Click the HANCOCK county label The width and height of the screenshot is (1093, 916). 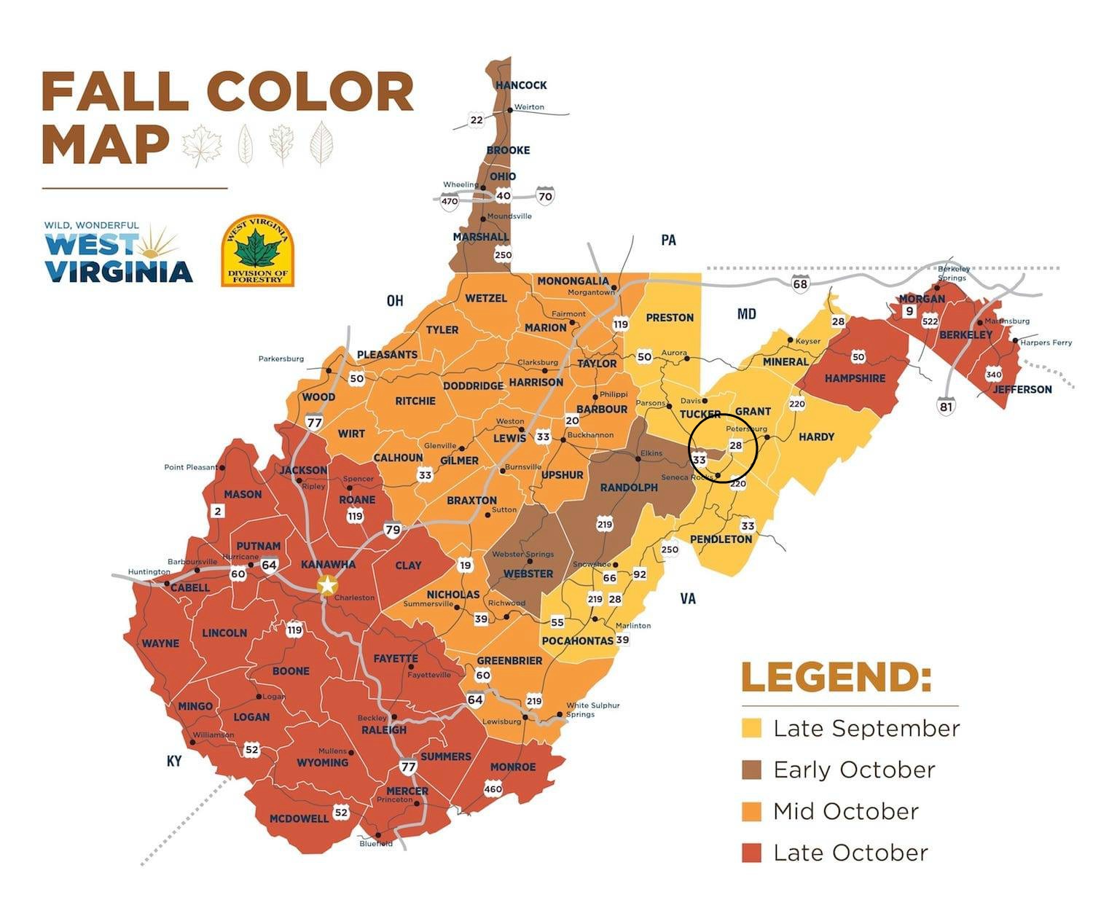coord(521,85)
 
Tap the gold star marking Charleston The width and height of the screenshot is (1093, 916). coord(328,585)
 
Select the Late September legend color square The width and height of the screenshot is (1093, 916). coord(751,728)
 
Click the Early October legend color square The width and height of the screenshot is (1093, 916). coord(751,770)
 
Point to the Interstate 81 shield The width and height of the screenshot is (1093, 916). coord(945,406)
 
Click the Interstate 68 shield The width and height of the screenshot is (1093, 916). coord(800,283)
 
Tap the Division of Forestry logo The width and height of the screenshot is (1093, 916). coord(257,251)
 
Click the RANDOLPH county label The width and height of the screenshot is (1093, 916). coord(629,488)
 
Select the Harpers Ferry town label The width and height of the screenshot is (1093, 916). coord(1046,342)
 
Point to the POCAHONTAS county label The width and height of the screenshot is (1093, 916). coord(578,641)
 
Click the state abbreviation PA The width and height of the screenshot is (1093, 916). coord(667,240)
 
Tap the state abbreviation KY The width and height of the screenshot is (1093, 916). coord(173,761)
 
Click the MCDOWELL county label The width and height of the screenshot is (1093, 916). coord(299,818)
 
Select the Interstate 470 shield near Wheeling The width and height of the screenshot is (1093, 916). coord(450,202)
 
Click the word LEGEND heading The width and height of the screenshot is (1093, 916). coord(836,677)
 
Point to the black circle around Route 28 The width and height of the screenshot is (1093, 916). coord(724,415)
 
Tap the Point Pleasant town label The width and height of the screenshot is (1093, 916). coord(190,467)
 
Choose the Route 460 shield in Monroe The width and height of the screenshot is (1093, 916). coord(493,788)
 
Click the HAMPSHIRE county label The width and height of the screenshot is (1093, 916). coord(855,378)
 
